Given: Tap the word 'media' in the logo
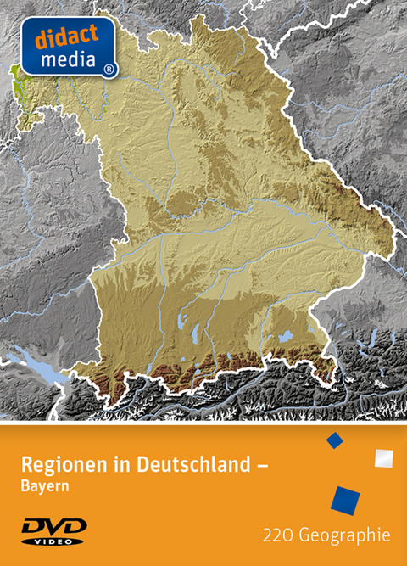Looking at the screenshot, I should pyautogui.click(x=64, y=58).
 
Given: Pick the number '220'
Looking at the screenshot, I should pyautogui.click(x=277, y=535).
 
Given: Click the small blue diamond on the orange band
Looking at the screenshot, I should pyautogui.click(x=334, y=440).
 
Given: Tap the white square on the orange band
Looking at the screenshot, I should pyautogui.click(x=383, y=457).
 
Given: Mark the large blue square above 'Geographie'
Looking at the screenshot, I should pyautogui.click(x=345, y=500).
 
